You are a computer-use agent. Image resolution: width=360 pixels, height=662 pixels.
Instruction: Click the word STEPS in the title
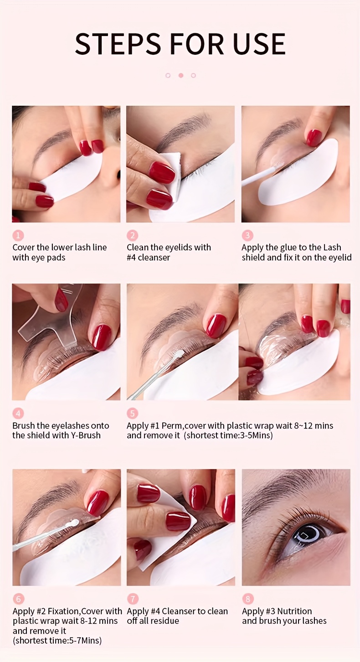pos(118,44)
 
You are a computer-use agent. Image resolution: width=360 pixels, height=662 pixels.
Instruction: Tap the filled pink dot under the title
pos(181,75)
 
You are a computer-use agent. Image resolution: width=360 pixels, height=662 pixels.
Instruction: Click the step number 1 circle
pos(18,235)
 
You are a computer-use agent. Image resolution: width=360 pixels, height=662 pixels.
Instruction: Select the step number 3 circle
pos(247,235)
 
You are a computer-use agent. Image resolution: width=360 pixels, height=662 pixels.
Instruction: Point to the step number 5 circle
pos(132,414)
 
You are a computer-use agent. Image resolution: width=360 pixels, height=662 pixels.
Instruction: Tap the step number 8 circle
pos(247,599)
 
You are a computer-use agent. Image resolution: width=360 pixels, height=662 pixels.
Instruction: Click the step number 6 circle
pos(18,599)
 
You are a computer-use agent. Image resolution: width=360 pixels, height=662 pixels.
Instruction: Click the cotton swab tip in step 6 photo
pos(72,525)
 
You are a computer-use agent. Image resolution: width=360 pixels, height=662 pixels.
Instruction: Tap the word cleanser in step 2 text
pos(154,258)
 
